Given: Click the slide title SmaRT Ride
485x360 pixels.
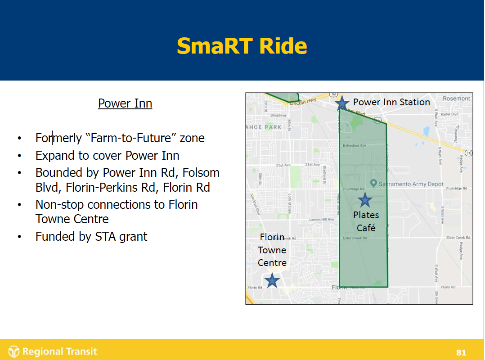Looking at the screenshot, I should pos(242,46).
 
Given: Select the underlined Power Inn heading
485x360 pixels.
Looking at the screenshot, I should pos(125,103).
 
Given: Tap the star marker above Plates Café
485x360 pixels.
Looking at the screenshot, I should pos(364,200).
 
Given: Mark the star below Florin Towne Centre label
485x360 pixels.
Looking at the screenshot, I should pos(272,281).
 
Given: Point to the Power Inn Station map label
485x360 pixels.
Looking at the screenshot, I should pos(391,102).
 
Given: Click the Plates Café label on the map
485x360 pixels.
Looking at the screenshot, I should pos(366,221).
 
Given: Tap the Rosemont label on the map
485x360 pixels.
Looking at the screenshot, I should pos(456,99).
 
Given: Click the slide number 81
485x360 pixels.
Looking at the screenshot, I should pos(461,352).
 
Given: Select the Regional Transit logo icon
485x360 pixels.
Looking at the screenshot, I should pos(14,351).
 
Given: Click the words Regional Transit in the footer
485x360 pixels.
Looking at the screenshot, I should pos(60,351).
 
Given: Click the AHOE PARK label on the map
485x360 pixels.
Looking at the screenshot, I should pos(264,127).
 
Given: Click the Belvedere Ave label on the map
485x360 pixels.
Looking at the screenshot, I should pos(355,145).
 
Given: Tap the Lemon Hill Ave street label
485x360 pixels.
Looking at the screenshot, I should pos(321,220).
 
